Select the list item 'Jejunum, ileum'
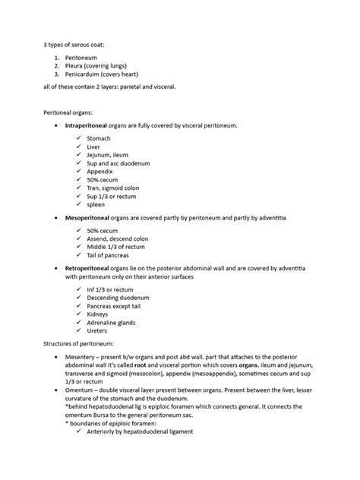[110, 158]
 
